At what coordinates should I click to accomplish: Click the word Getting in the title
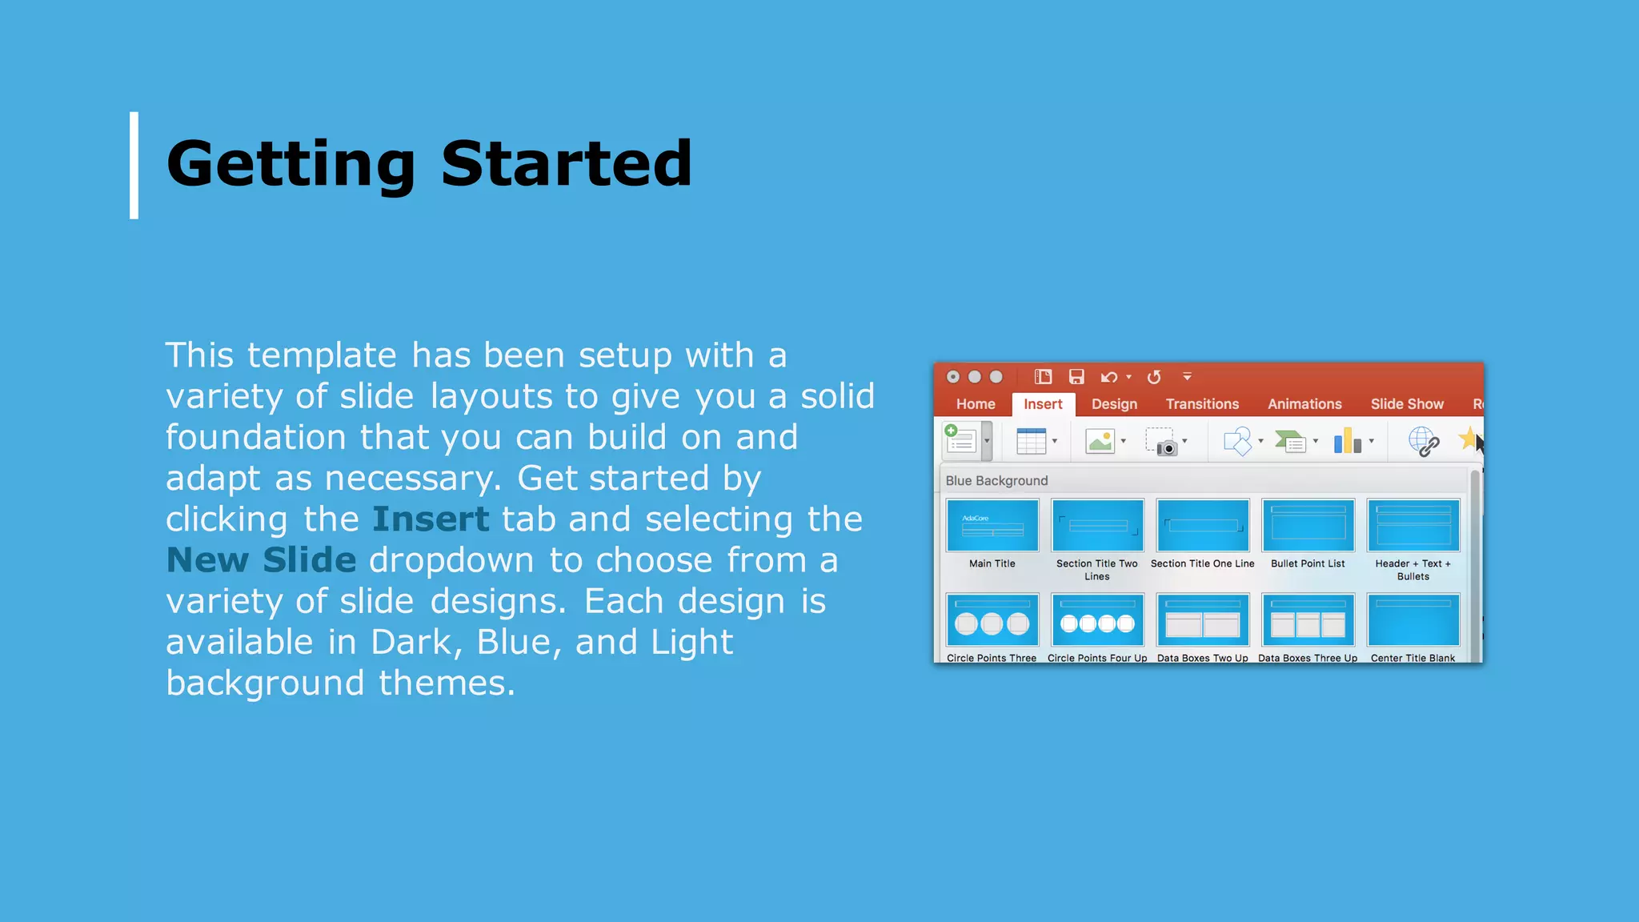290,164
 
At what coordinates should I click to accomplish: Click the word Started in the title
566,164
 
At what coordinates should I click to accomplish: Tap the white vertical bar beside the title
134,165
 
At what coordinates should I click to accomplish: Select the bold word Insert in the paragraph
430,519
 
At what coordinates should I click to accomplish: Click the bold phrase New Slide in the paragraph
261,560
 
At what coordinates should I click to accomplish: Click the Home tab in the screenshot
975,404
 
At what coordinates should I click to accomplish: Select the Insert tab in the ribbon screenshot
1042,404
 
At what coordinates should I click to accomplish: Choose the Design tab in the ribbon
1114,404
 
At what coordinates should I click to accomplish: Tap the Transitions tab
1201,404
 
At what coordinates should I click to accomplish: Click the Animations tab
1304,404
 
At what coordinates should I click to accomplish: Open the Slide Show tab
1406,404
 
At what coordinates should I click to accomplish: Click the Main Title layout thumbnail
992,525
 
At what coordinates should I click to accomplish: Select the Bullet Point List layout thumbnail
1308,525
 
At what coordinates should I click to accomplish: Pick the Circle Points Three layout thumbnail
992,620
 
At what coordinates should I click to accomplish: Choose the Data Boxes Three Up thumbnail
1308,620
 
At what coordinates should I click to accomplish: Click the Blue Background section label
996,480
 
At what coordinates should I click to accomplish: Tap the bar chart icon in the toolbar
1347,441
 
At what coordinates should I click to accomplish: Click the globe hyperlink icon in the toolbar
1423,441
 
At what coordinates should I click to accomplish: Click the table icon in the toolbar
1031,441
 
